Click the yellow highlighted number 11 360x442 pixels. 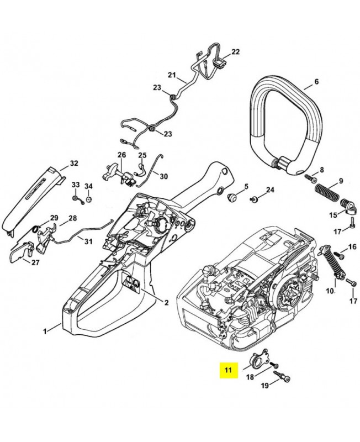pyautogui.click(x=227, y=370)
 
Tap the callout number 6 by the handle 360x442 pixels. pyautogui.click(x=316, y=82)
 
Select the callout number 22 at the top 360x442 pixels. pyautogui.click(x=236, y=52)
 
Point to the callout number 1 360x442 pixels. pyautogui.click(x=45, y=331)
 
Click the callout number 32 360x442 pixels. pyautogui.click(x=74, y=164)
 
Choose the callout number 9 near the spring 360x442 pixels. pyautogui.click(x=341, y=181)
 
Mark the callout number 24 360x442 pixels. pyautogui.click(x=269, y=190)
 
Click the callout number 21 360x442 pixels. pyautogui.click(x=171, y=75)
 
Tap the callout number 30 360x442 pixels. pyautogui.click(x=163, y=176)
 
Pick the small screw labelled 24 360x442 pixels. pyautogui.click(x=255, y=198)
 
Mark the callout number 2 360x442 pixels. pyautogui.click(x=166, y=302)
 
